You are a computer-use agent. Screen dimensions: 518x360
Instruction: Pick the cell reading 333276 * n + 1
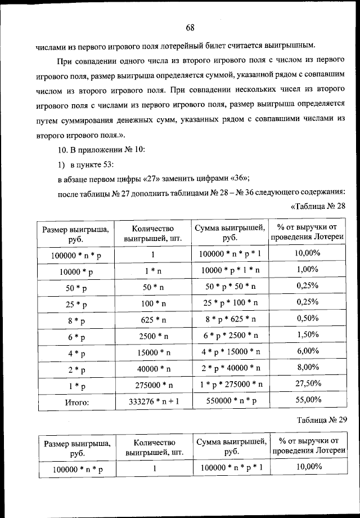point(153,401)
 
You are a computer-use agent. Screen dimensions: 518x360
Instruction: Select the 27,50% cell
point(307,383)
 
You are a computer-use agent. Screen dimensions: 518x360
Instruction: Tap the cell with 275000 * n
point(153,385)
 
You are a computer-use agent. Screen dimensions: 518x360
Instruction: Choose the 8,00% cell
point(307,367)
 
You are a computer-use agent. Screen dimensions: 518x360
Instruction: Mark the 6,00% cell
point(307,350)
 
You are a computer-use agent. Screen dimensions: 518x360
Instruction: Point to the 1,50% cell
point(307,334)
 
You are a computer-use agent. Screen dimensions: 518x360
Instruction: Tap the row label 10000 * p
point(76,271)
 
